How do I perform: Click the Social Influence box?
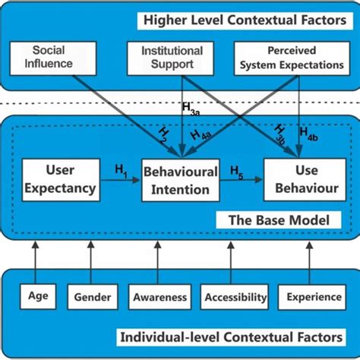[x=53, y=57]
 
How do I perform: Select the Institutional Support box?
[x=172, y=58]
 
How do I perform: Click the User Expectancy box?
[x=59, y=179]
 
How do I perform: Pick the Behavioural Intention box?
[x=180, y=179]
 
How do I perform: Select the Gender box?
[x=93, y=297]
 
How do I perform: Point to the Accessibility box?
[x=235, y=297]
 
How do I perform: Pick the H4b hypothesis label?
[x=308, y=134]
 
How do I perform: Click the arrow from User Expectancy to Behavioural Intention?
[x=118, y=181]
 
